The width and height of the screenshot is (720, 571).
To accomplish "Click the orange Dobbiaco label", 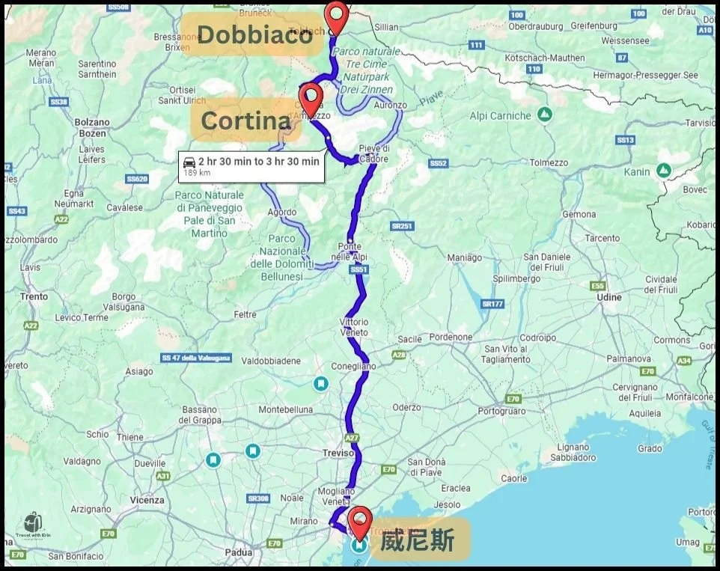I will pyautogui.click(x=254, y=34).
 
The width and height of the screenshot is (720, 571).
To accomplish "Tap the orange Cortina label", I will pyautogui.click(x=245, y=120).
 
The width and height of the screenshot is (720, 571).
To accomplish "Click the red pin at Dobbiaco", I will pyautogui.click(x=338, y=16).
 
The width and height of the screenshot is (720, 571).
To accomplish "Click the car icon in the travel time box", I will pyautogui.click(x=189, y=162).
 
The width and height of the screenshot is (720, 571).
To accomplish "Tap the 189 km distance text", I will pyautogui.click(x=196, y=173).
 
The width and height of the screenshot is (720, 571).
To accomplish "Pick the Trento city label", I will pyautogui.click(x=34, y=296).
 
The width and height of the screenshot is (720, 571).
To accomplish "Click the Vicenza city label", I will pyautogui.click(x=146, y=500).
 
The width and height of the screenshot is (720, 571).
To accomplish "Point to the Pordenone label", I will pyautogui.click(x=451, y=337).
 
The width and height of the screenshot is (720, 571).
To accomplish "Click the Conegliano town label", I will pyautogui.click(x=354, y=367).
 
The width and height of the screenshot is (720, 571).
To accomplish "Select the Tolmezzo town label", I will pyautogui.click(x=549, y=162).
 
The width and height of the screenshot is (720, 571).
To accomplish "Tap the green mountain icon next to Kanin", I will pyautogui.click(x=662, y=171).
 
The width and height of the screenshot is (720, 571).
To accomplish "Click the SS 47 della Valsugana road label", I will pyautogui.click(x=196, y=358).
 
